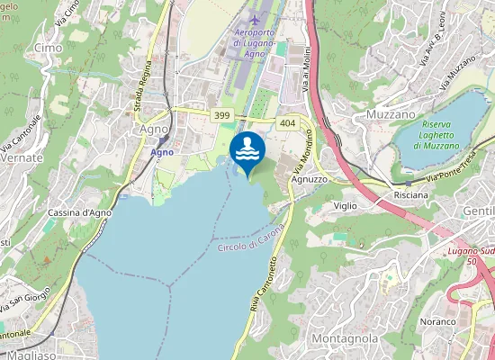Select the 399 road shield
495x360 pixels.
221,116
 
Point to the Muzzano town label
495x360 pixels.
391,114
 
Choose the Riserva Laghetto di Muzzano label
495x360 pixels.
429,135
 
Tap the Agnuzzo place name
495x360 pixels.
309,178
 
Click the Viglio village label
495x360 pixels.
346,206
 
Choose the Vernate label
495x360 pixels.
22,157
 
